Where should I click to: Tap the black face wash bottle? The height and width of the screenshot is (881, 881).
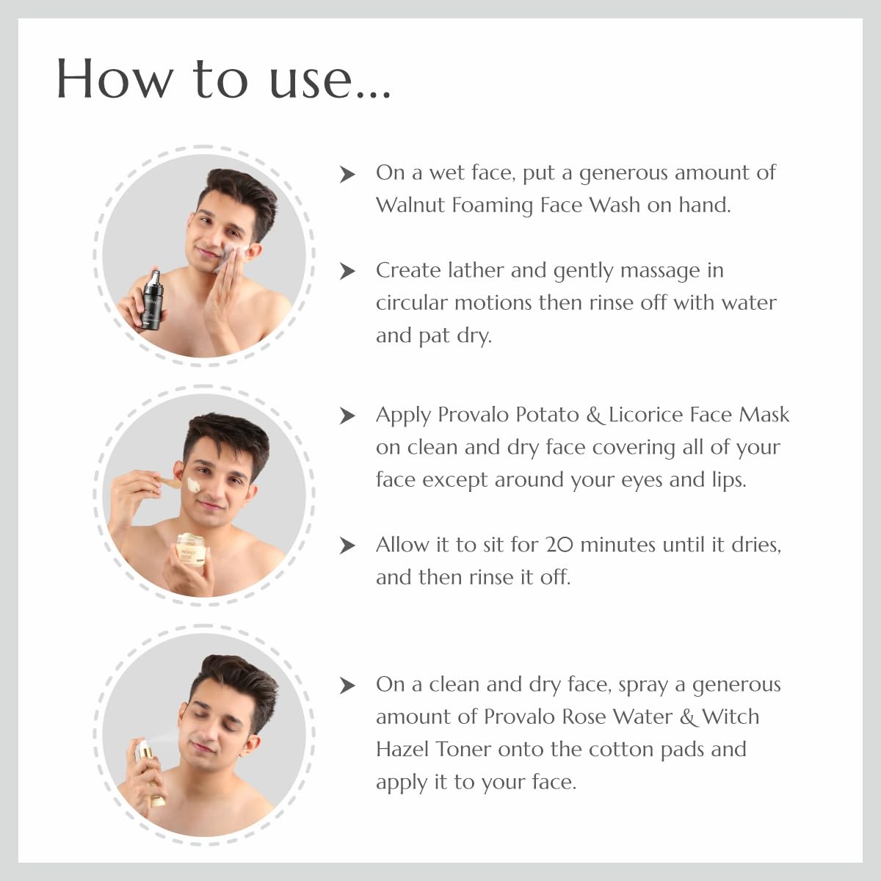(x=153, y=301)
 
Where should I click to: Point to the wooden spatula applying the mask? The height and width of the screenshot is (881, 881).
(x=166, y=482)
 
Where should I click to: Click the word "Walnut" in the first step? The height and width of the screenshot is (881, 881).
(x=410, y=205)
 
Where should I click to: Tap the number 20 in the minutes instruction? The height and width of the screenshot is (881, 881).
(x=559, y=545)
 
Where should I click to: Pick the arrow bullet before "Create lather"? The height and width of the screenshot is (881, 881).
(x=347, y=271)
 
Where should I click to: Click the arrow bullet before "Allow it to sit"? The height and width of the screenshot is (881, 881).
(x=347, y=545)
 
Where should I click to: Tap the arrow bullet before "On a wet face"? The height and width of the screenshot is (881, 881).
(x=347, y=174)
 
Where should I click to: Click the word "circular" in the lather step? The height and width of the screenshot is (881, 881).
(x=412, y=302)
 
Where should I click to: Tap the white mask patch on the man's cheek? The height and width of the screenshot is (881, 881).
(x=195, y=485)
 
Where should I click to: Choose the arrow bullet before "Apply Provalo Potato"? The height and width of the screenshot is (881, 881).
(x=347, y=416)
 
